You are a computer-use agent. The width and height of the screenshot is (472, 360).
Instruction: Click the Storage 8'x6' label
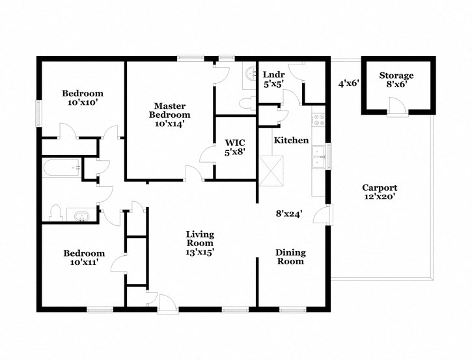[396, 79]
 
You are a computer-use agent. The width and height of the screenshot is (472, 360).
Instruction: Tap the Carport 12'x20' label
[380, 192]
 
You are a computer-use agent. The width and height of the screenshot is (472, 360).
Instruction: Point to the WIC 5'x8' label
[234, 147]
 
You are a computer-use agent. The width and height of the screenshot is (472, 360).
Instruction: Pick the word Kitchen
[291, 141]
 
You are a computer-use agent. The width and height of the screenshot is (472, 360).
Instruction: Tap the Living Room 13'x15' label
[200, 243]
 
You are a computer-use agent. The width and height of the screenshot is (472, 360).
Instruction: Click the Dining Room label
[290, 257]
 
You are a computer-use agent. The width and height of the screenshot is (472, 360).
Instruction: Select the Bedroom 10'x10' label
[83, 98]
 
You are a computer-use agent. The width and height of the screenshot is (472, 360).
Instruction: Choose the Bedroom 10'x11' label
[84, 258]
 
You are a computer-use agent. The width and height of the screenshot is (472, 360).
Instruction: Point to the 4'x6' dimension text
[348, 83]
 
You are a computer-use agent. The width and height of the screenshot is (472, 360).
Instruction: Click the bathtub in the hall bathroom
[62, 169]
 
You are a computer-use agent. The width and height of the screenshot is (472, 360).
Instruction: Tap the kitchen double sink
[319, 159]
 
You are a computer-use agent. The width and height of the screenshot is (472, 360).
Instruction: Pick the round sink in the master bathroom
[250, 74]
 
